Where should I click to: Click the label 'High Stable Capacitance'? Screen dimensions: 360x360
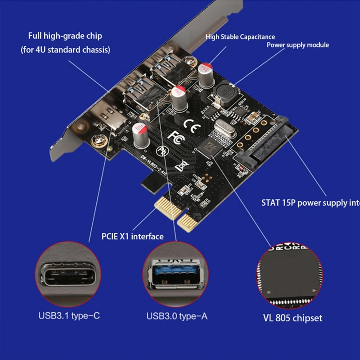point(240,37)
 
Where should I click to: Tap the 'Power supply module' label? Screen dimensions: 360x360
point(297,45)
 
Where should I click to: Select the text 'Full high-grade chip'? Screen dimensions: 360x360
point(65,36)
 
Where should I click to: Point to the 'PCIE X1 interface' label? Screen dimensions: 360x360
point(133,236)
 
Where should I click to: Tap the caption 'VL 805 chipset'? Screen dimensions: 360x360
point(292,318)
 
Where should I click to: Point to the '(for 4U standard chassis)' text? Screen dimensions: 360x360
point(65,50)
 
